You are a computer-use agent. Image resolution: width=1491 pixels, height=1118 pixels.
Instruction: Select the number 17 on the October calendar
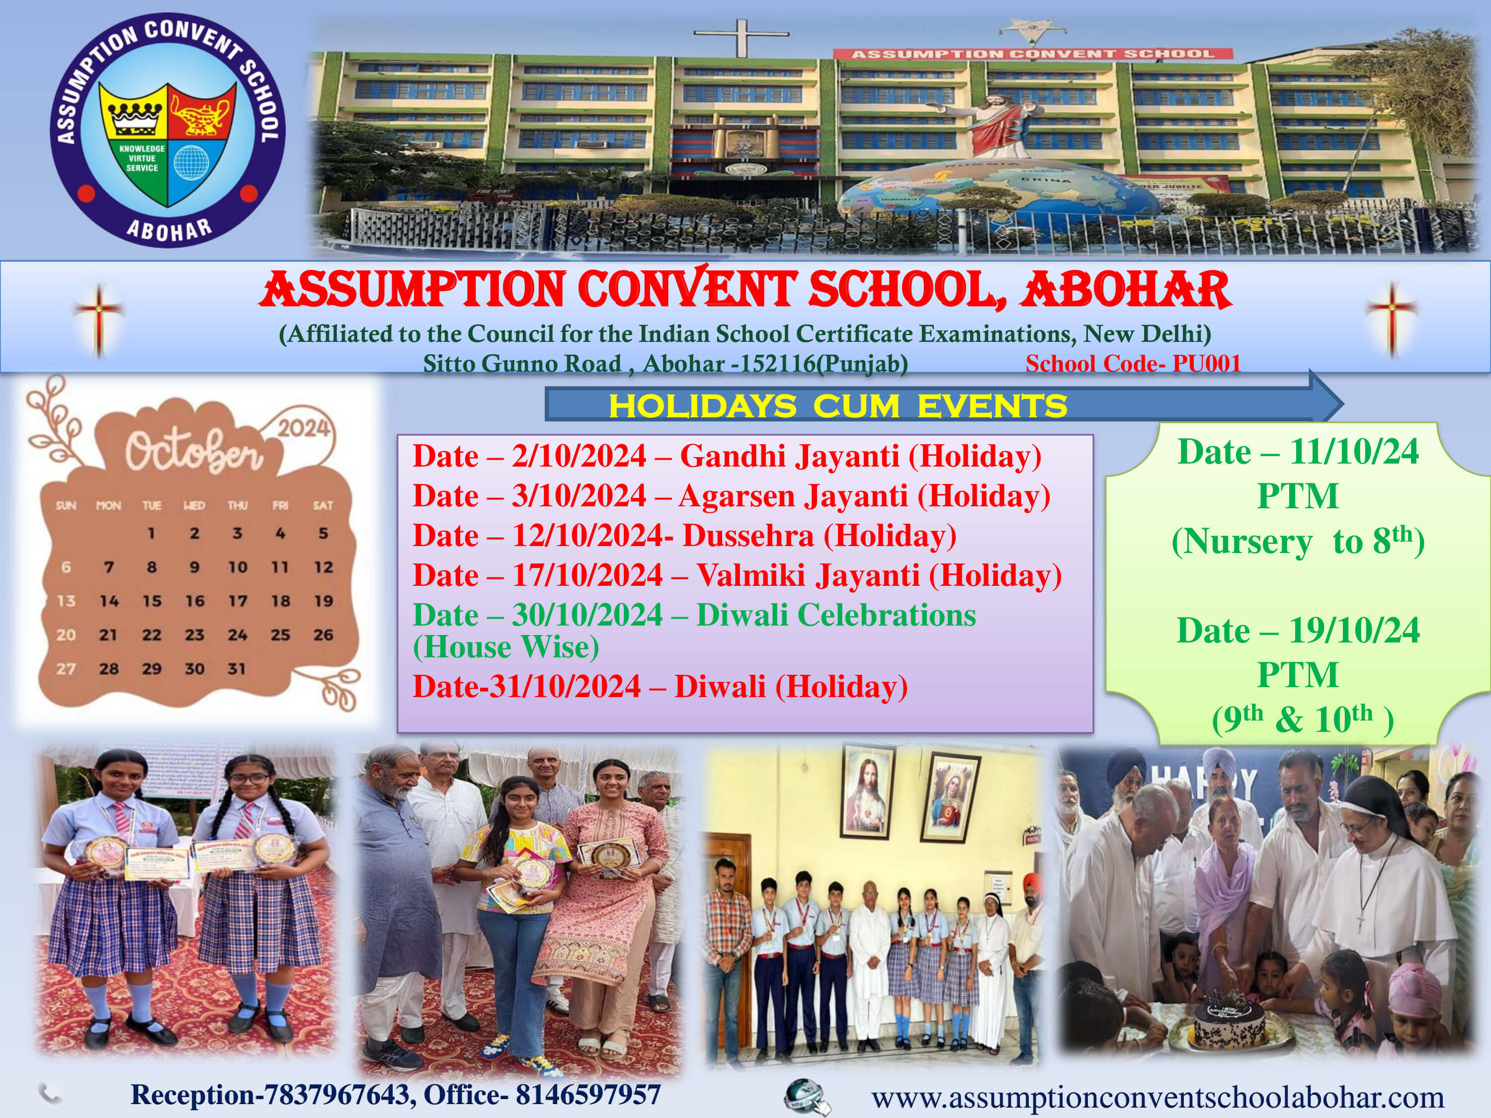[x=237, y=600]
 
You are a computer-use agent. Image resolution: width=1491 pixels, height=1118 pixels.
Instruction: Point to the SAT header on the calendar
[x=323, y=505]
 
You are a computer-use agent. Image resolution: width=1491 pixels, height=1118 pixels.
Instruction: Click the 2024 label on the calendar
[x=303, y=428]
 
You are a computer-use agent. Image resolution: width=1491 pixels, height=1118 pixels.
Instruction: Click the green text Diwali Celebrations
[x=836, y=615]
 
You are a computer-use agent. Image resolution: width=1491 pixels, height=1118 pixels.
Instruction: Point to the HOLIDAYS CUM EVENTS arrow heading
[x=838, y=405]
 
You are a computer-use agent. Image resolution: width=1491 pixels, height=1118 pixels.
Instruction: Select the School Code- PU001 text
[x=1133, y=364]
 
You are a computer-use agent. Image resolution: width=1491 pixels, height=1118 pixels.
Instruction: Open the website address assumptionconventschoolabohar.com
[x=1158, y=1097]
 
